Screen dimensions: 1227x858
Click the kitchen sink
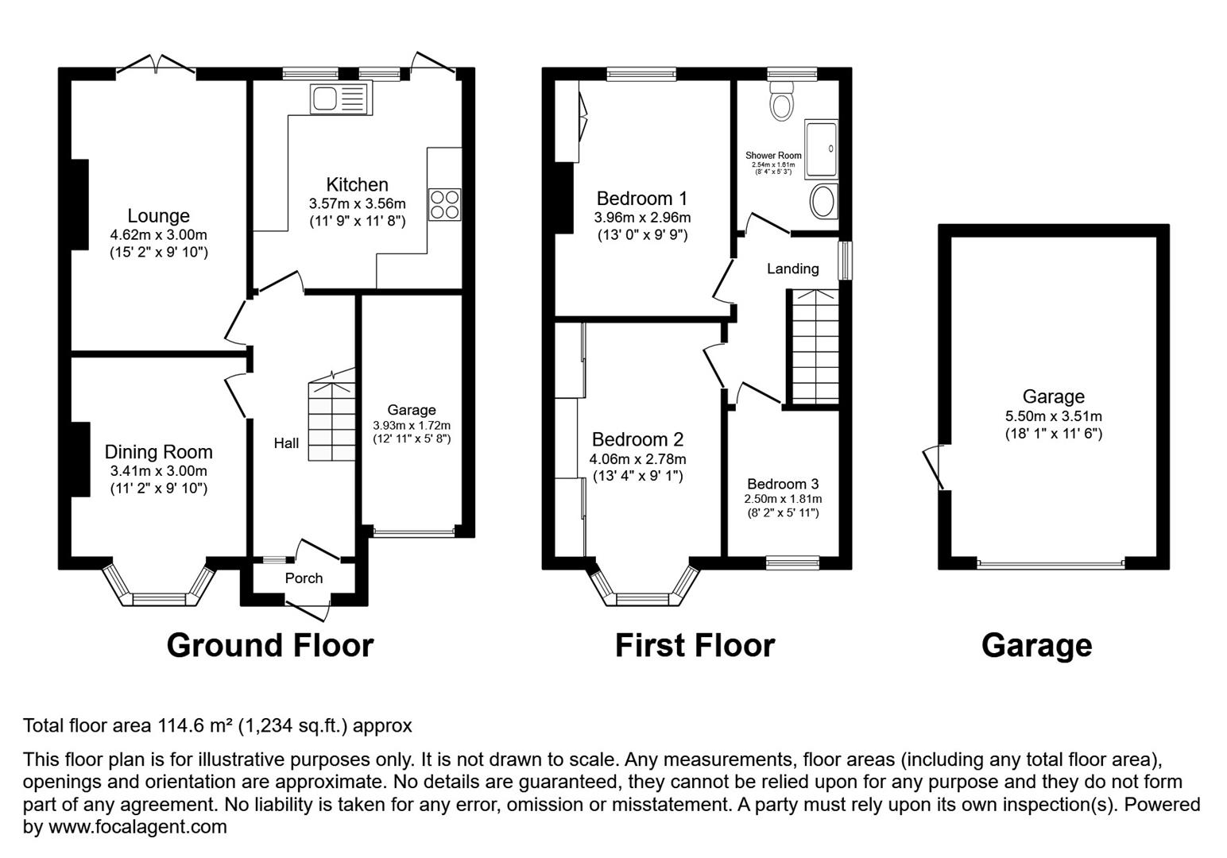341,99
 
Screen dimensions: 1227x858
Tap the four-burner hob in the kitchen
444,204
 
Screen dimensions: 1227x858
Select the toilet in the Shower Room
781,100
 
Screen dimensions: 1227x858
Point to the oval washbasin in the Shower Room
823,202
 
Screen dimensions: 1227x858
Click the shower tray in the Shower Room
821,149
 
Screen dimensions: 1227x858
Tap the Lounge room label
158,216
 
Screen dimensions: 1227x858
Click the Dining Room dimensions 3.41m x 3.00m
159,471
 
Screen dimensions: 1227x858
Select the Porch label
304,578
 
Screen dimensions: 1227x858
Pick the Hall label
286,443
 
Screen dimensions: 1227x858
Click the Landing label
792,269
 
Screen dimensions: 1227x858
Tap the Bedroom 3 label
783,484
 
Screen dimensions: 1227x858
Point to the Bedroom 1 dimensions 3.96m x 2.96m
643,218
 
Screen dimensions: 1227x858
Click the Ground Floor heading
270,645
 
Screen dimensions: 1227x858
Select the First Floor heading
695,645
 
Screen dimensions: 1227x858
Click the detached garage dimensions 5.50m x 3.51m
1053,416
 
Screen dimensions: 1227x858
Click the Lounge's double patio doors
156,64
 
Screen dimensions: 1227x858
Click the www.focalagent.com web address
137,826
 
